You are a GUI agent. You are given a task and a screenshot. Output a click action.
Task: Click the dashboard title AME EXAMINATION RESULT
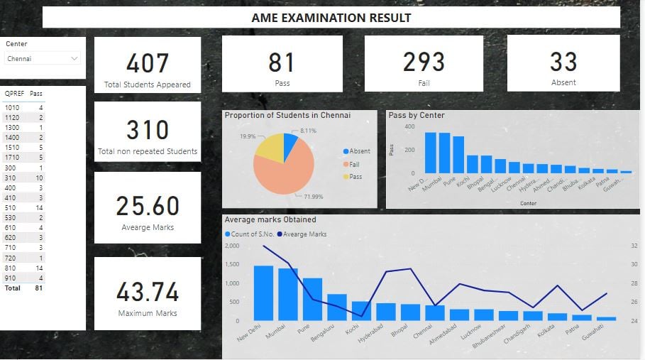click(331, 18)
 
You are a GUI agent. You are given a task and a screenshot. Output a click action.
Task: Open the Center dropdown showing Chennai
click(43, 59)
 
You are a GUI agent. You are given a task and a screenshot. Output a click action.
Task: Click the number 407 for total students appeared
click(147, 62)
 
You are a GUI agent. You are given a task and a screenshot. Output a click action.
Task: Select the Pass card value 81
click(281, 62)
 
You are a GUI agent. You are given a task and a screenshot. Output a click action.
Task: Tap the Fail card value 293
click(424, 62)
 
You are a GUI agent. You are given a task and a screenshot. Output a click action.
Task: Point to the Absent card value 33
click(563, 62)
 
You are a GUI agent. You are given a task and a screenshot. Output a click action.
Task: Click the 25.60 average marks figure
click(147, 206)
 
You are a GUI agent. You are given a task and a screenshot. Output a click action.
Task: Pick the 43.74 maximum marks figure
click(147, 291)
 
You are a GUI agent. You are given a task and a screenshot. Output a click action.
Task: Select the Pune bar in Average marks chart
click(312, 299)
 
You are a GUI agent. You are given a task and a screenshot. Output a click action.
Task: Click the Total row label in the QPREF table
click(12, 288)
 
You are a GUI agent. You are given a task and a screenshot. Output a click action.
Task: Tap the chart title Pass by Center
click(417, 115)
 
